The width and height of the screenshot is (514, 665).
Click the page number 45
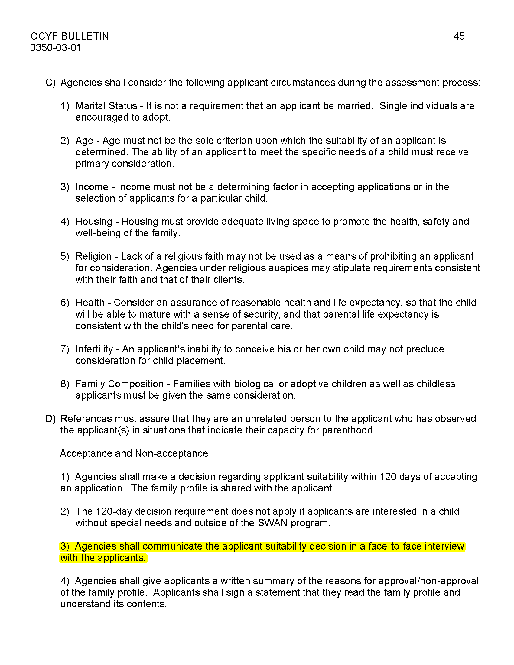[x=459, y=36]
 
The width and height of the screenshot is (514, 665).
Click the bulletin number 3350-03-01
[x=55, y=48]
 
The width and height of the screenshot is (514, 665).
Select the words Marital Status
[x=106, y=106]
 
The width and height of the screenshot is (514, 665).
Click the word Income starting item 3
[x=92, y=187]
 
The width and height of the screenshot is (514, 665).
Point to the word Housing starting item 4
[x=94, y=221]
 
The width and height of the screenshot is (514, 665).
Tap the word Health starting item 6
[x=90, y=303]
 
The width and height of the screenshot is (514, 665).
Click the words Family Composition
[x=120, y=384]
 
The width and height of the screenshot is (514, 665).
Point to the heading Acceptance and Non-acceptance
[x=134, y=453]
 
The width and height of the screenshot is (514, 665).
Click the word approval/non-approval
[x=428, y=581]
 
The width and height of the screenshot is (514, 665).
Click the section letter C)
[x=50, y=83]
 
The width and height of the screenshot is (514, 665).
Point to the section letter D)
[x=50, y=419]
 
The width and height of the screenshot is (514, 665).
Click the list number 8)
[x=65, y=384]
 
